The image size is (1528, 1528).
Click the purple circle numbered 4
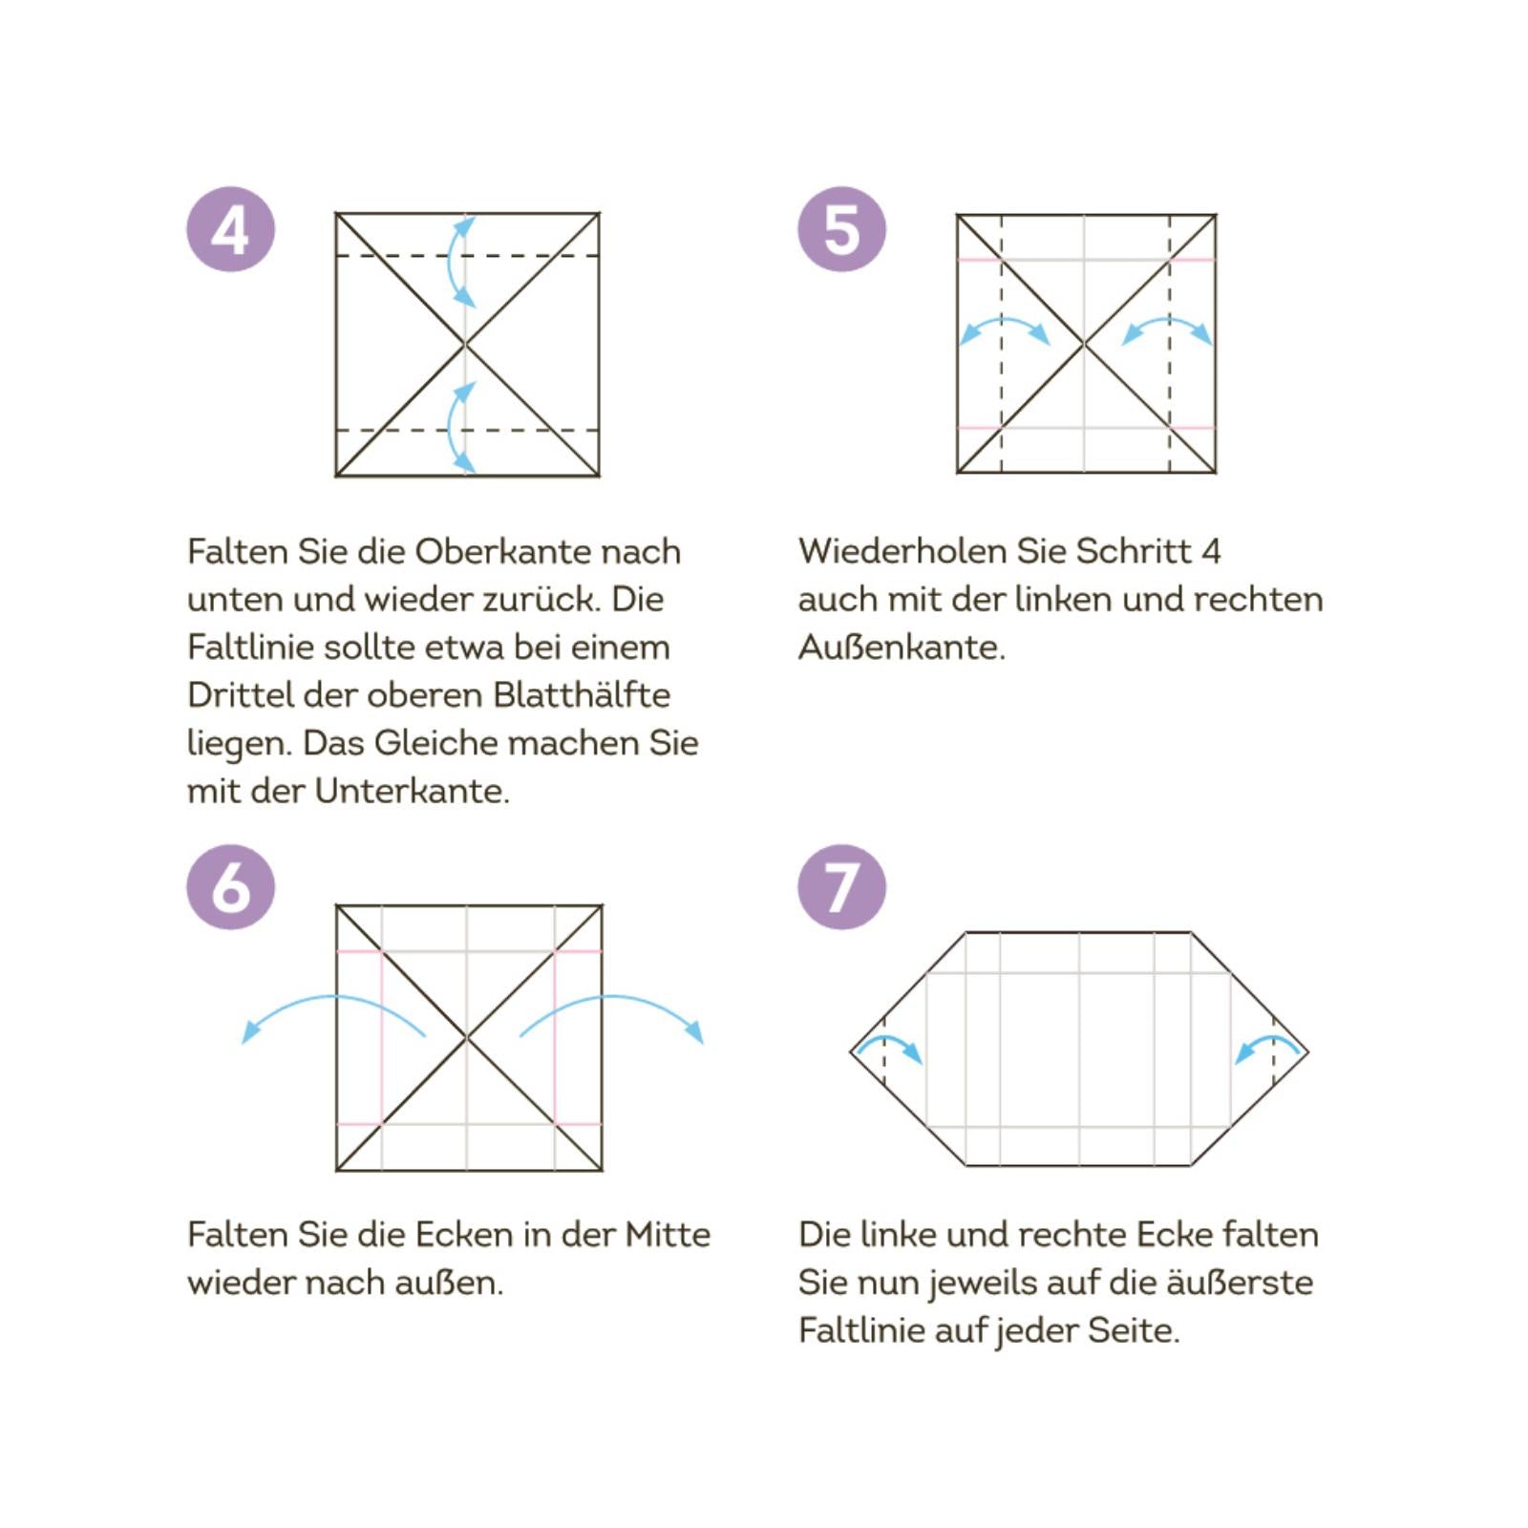click(230, 229)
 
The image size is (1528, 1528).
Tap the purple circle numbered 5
click(841, 229)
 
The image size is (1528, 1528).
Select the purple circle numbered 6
click(230, 887)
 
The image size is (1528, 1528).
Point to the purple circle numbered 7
click(841, 887)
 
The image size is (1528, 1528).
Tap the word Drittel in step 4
click(241, 695)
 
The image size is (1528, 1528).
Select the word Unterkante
click(412, 792)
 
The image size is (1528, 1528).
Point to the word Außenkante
click(901, 647)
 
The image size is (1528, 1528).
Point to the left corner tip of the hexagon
click(851, 1052)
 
